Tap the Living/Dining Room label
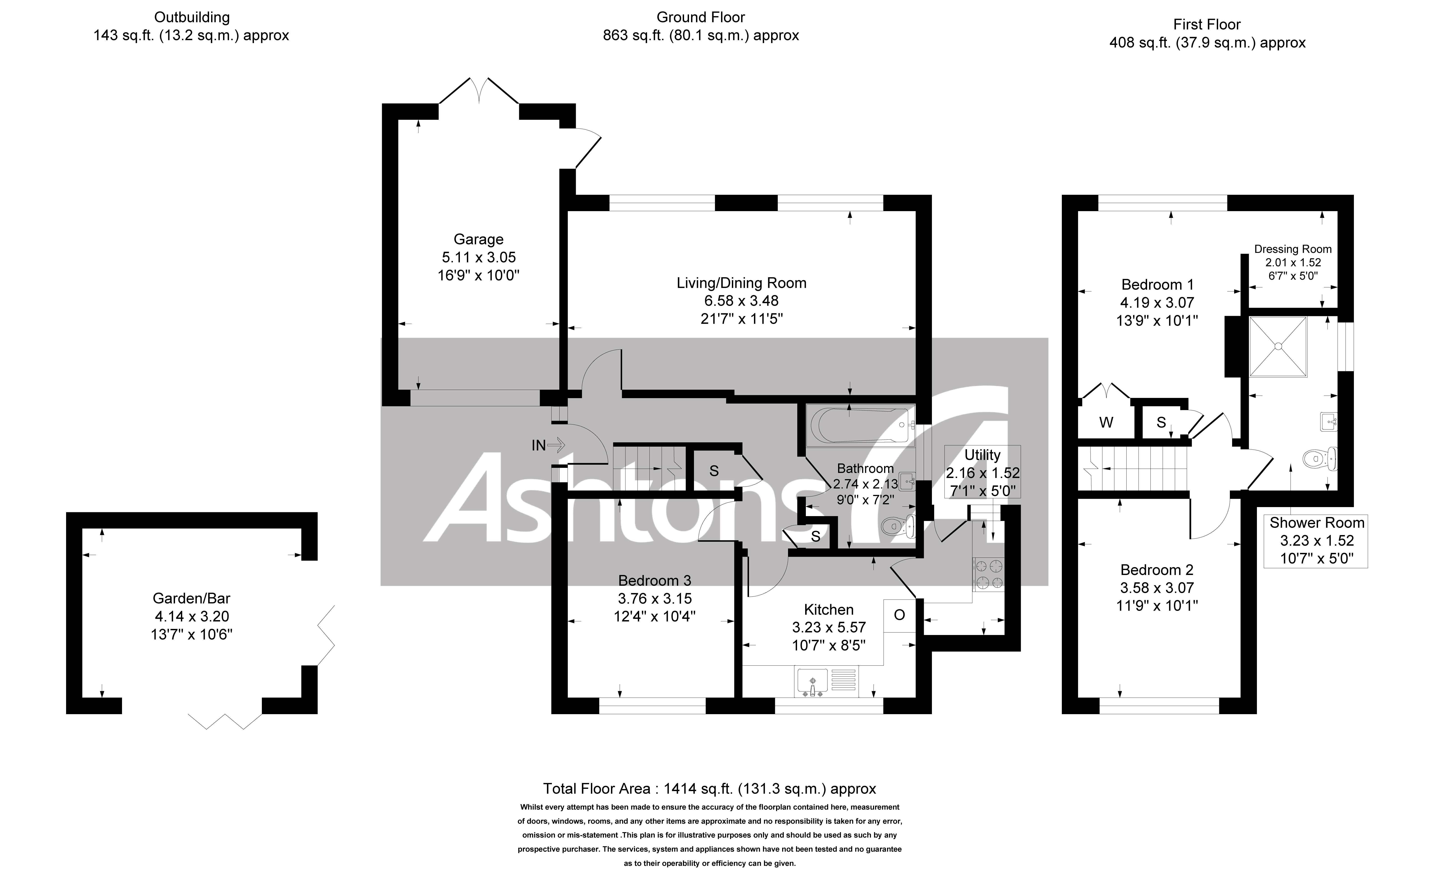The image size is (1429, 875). (741, 283)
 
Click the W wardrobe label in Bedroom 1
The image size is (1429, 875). (1106, 422)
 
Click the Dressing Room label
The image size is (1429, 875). (1293, 249)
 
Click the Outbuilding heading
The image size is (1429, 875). (191, 17)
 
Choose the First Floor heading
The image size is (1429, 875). (1207, 24)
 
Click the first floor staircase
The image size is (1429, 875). (1131, 469)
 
